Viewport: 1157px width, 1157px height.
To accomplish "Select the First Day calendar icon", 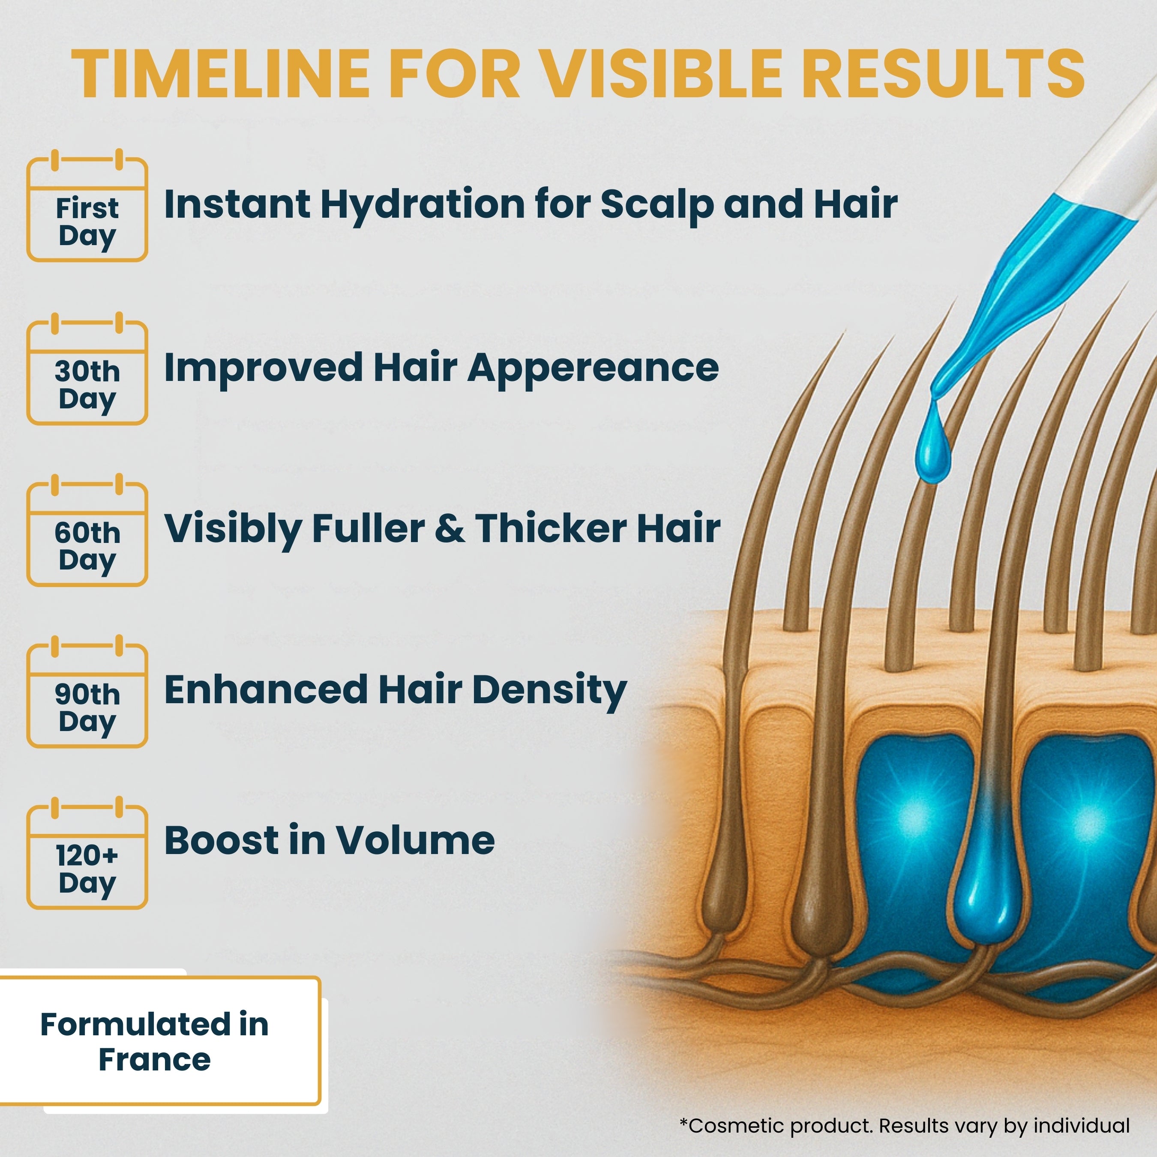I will click(x=87, y=207).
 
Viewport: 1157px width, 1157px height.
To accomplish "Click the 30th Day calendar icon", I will click(x=87, y=370).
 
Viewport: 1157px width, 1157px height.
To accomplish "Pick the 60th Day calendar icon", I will click(x=87, y=532).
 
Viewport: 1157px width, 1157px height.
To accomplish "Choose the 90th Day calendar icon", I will click(x=87, y=693).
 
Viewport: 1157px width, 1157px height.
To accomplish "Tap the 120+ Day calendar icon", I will click(x=87, y=854).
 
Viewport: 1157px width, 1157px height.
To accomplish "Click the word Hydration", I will click(x=422, y=205).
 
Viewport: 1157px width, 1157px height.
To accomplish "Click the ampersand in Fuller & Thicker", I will click(x=450, y=529).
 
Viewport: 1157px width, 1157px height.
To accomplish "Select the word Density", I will click(x=549, y=690).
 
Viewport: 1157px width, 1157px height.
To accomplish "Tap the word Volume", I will click(x=415, y=840).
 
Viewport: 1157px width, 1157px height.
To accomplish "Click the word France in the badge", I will click(x=155, y=1060).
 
